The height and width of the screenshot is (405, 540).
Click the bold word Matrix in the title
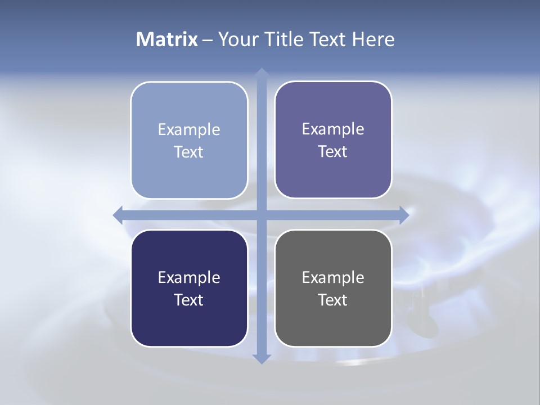click(x=167, y=39)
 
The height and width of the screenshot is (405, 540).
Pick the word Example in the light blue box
click(x=189, y=130)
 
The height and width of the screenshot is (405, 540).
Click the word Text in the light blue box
click(x=189, y=152)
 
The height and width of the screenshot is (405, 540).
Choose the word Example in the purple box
click(x=333, y=129)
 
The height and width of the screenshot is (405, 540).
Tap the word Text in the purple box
click(x=333, y=152)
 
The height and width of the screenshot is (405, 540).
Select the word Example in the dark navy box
click(x=189, y=278)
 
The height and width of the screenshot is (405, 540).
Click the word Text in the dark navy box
click(x=189, y=300)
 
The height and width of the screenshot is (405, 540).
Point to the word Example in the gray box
click(x=333, y=278)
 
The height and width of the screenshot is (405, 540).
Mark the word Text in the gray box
click(x=333, y=300)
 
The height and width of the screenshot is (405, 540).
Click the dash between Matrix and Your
click(x=208, y=40)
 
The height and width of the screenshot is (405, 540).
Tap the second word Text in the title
click(x=326, y=39)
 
